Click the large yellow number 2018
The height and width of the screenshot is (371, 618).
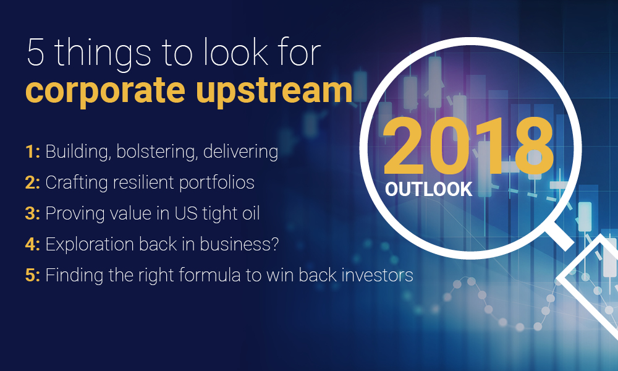(x=468, y=147)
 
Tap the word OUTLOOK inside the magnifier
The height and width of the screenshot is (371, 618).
(x=428, y=188)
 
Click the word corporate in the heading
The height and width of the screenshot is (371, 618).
(x=106, y=90)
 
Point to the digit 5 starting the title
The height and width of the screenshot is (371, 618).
(x=36, y=54)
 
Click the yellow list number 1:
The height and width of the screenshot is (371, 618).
(x=33, y=152)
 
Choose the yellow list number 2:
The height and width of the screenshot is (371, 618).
(x=33, y=183)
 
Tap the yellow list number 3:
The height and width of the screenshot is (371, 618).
(x=33, y=214)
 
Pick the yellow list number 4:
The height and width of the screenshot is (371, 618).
(x=33, y=245)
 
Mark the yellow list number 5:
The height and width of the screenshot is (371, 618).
(x=33, y=275)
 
